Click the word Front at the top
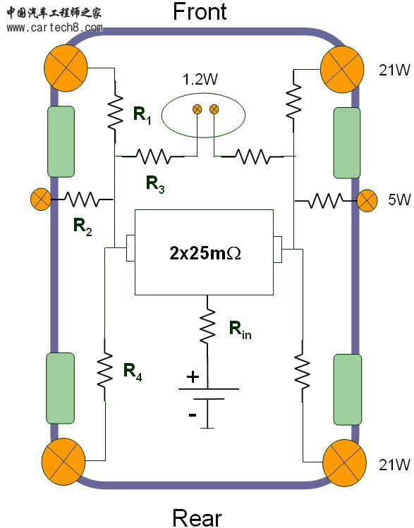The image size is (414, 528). tap(200, 11)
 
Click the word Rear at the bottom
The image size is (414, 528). tap(197, 517)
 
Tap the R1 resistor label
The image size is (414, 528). tap(142, 115)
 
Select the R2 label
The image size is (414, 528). tap(83, 226)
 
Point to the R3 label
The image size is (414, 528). tap(155, 185)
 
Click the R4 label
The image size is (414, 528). tap(133, 372)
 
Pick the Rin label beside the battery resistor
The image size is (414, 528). tap(241, 330)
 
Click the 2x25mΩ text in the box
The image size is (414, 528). tap(205, 253)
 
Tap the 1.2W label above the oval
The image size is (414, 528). tap(200, 79)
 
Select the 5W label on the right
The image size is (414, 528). tap(399, 199)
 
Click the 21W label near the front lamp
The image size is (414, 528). tap(395, 70)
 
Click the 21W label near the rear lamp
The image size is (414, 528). tap(395, 465)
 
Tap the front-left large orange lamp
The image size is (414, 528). tap(66, 68)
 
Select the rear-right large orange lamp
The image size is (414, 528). tap(345, 462)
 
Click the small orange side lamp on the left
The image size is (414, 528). tap(41, 199)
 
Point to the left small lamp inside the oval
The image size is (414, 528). tap(197, 109)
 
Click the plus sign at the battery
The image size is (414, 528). tap(193, 377)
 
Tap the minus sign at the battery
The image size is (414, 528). tap(193, 415)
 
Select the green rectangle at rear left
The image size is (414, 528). tap(60, 388)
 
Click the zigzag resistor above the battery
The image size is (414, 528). tap(207, 324)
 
